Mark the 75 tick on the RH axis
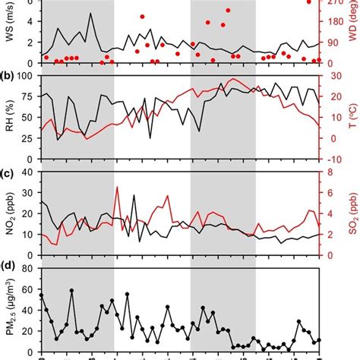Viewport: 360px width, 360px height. [x=28, y=96]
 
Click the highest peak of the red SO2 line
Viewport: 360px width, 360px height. [x=116, y=187]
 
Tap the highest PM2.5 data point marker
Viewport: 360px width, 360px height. [x=71, y=291]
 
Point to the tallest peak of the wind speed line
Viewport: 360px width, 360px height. [x=91, y=14]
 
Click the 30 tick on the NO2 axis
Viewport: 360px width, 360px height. [x=28, y=193]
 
